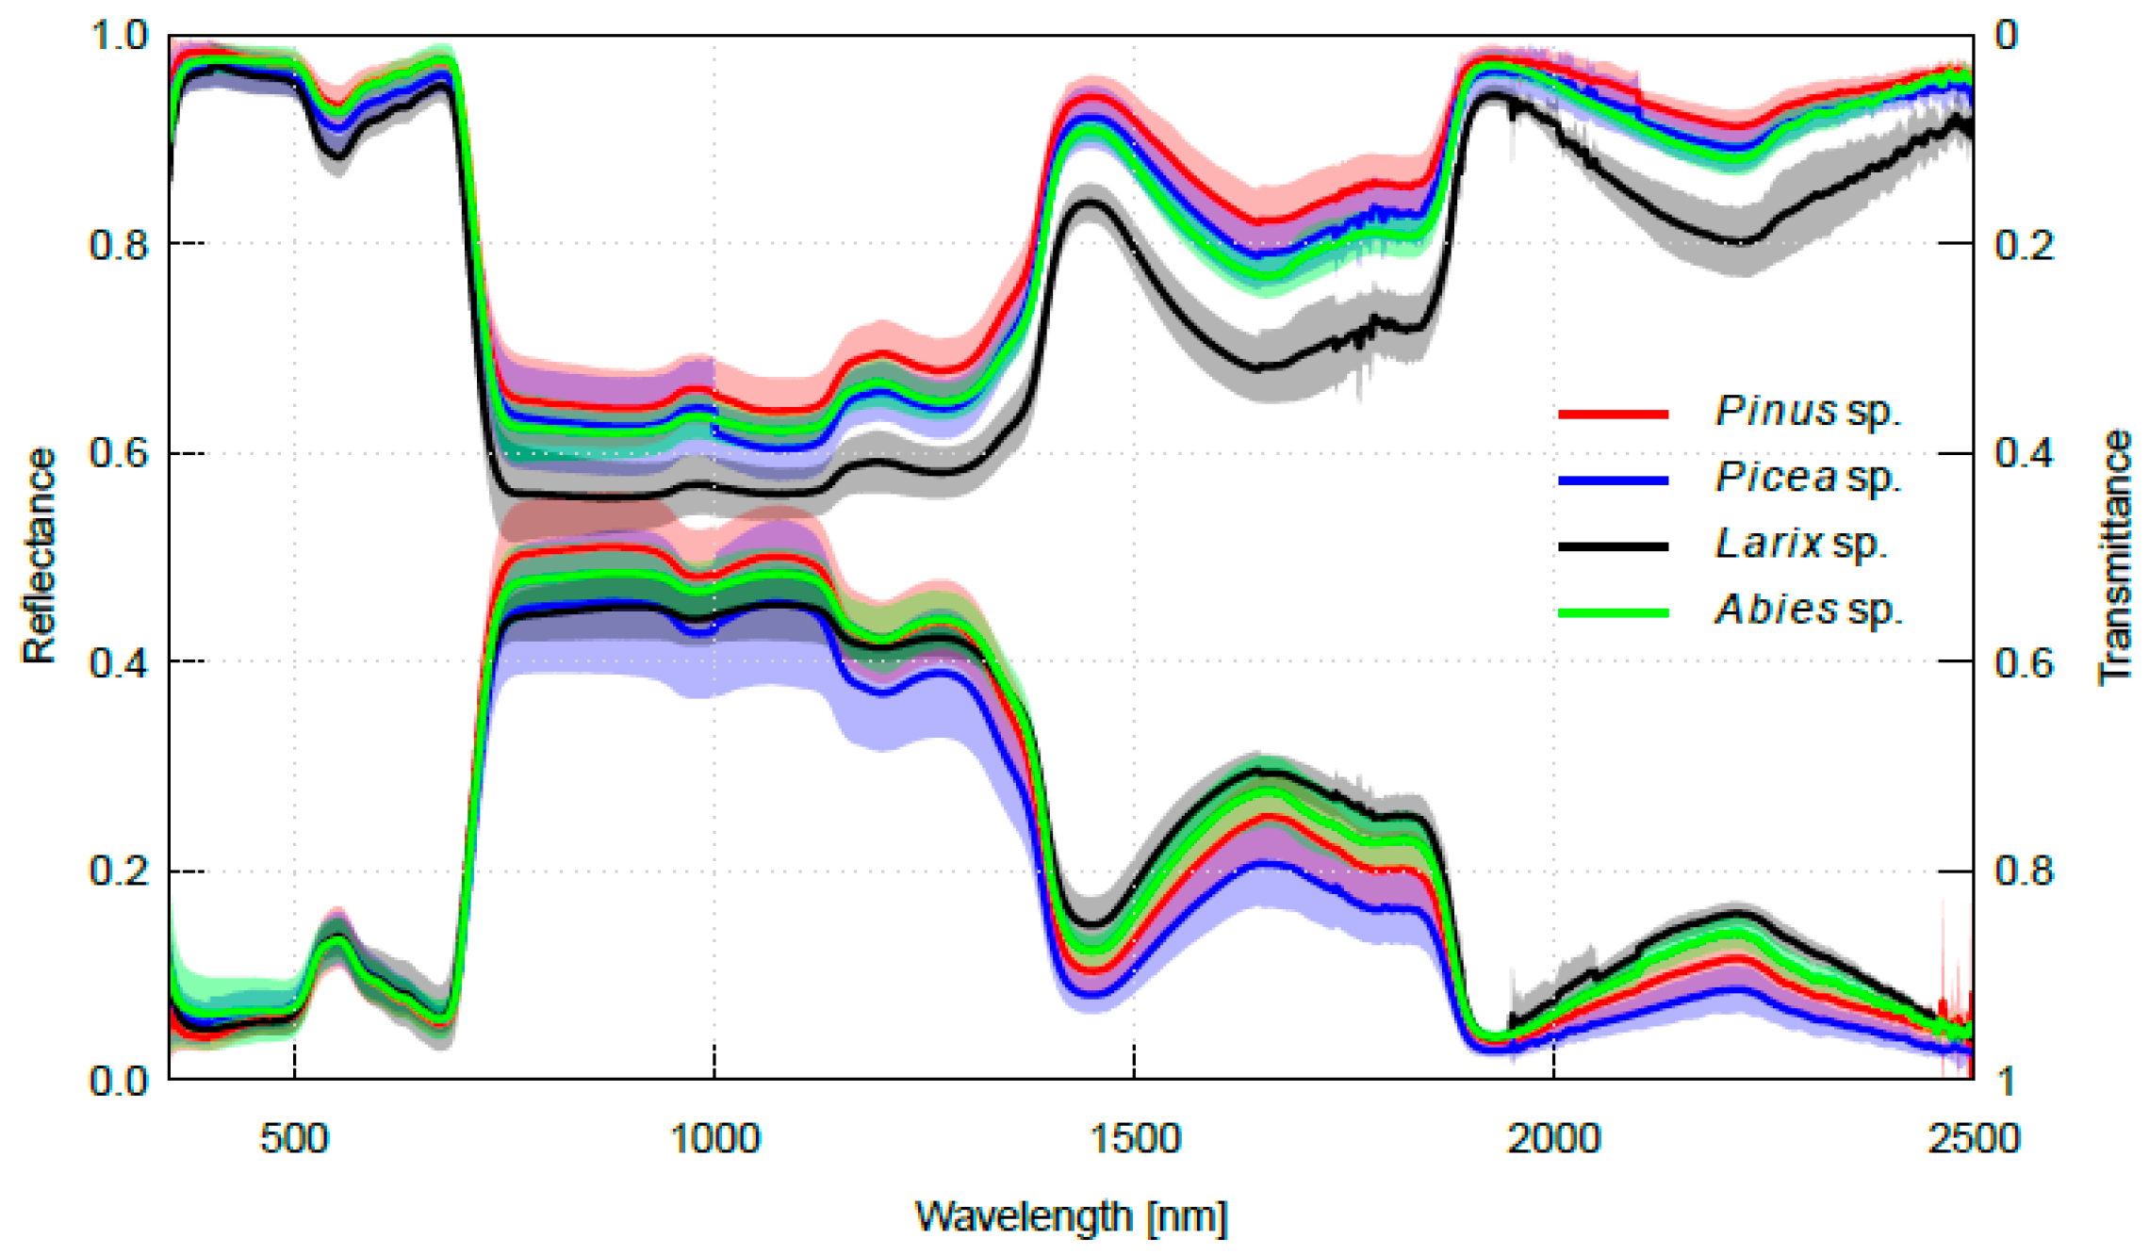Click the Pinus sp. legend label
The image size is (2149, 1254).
1807,413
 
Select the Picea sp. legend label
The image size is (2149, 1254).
1807,479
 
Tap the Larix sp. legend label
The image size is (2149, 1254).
1800,545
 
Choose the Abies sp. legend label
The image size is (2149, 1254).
1808,611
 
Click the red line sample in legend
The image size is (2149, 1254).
1613,414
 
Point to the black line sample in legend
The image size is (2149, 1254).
1613,546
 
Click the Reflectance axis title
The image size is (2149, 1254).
40,556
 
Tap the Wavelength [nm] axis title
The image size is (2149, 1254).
1071,1216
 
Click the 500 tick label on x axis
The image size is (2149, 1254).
294,1139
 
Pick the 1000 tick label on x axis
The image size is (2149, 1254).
714,1139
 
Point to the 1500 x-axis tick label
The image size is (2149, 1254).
1135,1139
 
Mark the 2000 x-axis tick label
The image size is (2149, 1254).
1553,1139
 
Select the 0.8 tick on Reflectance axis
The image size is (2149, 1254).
119,245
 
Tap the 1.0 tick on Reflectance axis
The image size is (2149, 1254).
119,36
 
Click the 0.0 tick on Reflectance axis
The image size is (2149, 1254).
119,1081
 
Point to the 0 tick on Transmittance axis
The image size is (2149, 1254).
2008,36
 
